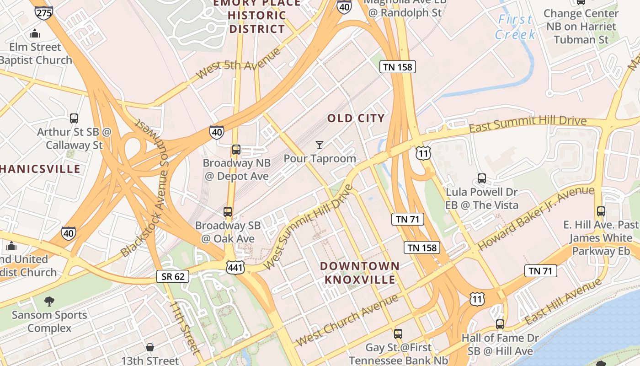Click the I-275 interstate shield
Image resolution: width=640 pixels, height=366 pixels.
point(43,12)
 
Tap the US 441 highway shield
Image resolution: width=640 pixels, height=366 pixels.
point(235,267)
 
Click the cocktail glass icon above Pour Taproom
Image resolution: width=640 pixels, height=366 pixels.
point(320,145)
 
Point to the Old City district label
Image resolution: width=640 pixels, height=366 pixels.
point(356,118)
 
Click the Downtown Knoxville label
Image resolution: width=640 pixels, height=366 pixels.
point(359,273)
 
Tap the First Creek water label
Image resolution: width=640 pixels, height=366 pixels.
point(515,27)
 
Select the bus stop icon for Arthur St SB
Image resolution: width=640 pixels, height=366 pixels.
point(74,118)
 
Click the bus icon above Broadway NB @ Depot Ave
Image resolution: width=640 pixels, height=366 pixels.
point(236,150)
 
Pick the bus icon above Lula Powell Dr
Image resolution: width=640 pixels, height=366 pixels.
point(481,178)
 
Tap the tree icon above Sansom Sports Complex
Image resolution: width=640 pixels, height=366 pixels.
point(49,301)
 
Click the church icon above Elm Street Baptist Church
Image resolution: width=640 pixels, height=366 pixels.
point(35,33)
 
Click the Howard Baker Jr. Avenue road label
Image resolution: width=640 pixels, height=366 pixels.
point(536,218)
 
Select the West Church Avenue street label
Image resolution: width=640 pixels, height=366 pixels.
point(347,320)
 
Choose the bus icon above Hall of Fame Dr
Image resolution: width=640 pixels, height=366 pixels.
point(500,324)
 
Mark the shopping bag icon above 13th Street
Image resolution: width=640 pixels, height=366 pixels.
point(149,347)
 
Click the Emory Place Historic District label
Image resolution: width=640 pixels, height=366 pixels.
point(257,16)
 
